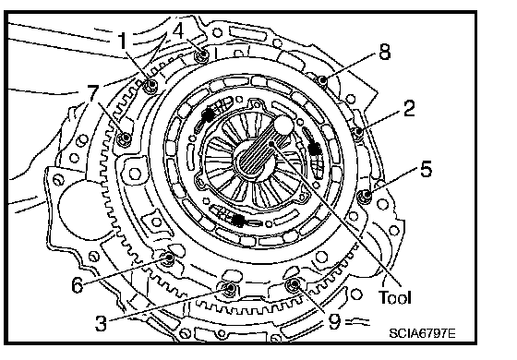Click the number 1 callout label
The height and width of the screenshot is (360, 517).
point(123,41)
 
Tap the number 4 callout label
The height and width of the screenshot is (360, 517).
point(178,31)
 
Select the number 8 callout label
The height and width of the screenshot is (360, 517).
point(384,52)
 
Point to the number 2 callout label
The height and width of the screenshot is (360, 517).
point(409,108)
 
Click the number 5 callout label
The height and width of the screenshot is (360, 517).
point(426,169)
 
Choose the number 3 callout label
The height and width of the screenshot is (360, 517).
point(101,322)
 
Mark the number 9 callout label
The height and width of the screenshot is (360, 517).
point(334,321)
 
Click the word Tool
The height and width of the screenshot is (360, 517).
point(395,297)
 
